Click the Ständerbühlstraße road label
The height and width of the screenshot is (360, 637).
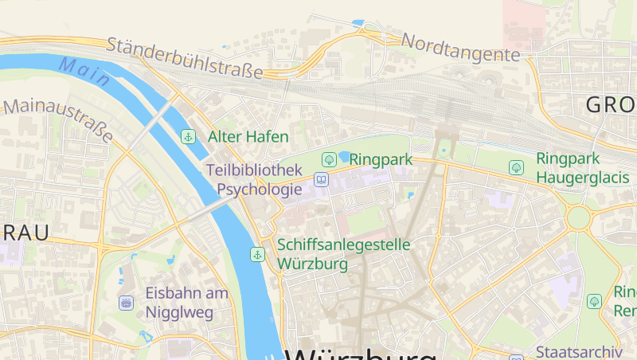point(184,57)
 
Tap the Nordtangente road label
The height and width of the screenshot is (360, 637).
point(461,47)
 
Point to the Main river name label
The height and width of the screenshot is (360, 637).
point(83,71)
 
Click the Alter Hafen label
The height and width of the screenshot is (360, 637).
point(248,137)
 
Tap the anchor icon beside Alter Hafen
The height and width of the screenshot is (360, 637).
point(188,136)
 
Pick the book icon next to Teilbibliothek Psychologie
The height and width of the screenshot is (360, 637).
point(321,180)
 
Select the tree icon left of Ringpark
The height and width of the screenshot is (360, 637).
point(328,159)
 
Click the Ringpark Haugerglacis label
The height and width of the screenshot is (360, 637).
point(582,168)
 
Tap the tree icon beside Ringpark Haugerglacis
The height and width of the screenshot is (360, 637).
point(516,167)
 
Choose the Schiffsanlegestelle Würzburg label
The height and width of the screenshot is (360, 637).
point(344,253)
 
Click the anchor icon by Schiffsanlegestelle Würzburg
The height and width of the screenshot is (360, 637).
point(257,254)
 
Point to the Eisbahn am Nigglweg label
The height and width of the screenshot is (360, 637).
point(186,302)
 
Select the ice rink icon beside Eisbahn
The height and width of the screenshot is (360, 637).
point(126,303)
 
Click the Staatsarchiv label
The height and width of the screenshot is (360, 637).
point(578,351)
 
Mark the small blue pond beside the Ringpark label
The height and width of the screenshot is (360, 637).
point(345,156)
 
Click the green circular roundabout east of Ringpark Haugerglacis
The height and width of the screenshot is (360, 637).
point(579,217)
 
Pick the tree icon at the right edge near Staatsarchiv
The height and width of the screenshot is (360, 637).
point(594,301)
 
